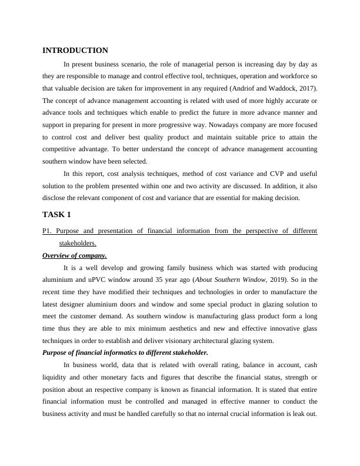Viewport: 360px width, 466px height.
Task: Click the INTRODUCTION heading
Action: [75, 51]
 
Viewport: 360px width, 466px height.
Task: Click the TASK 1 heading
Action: [56, 214]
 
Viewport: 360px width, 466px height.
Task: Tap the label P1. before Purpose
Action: [48, 231]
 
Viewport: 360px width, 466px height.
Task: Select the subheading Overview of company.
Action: [75, 255]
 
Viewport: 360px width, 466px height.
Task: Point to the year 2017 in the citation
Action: [308, 88]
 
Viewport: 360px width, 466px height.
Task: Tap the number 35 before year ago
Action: [151, 280]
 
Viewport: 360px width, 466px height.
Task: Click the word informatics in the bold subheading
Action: [115, 352]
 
